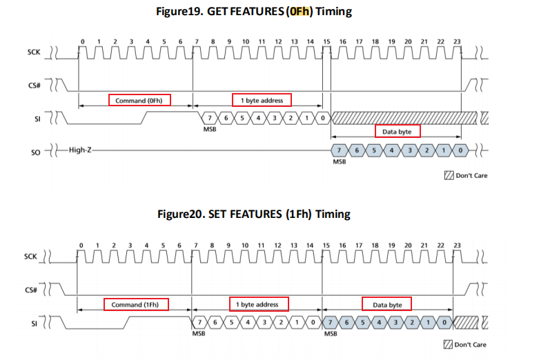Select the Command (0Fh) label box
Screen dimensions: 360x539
(139, 101)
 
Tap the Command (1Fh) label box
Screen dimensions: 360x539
(136, 304)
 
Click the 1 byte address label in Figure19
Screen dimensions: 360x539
(262, 101)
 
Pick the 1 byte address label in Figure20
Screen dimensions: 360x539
(259, 304)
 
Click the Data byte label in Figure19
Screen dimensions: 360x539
(397, 131)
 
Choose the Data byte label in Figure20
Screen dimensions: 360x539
(386, 304)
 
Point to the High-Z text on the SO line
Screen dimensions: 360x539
(81, 149)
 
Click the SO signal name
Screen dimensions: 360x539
(37, 150)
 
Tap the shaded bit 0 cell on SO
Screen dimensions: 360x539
(460, 150)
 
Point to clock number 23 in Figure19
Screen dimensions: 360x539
(457, 41)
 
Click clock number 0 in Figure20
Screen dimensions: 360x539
(81, 245)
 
